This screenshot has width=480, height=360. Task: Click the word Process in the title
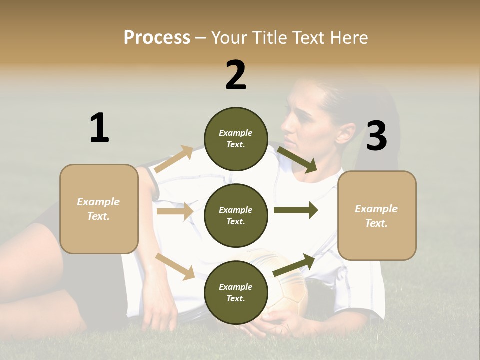coord(157,37)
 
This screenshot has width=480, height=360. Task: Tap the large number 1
coord(99,128)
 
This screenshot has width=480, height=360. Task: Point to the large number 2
coord(236,75)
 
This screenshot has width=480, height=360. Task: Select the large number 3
coord(377,136)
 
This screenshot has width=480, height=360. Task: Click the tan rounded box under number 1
coord(99,209)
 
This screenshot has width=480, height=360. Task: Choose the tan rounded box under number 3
coord(377,215)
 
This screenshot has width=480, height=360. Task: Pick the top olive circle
coord(236,139)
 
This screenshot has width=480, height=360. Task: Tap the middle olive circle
coord(236,215)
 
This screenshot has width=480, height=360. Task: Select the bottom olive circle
coord(236,292)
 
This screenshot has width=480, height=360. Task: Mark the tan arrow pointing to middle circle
coord(175,212)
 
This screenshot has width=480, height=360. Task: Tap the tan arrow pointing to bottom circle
coord(175,266)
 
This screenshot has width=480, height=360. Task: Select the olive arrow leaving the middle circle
coord(295,210)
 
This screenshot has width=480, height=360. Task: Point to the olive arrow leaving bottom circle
coord(294,265)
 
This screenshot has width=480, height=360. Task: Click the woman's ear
coord(344,133)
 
